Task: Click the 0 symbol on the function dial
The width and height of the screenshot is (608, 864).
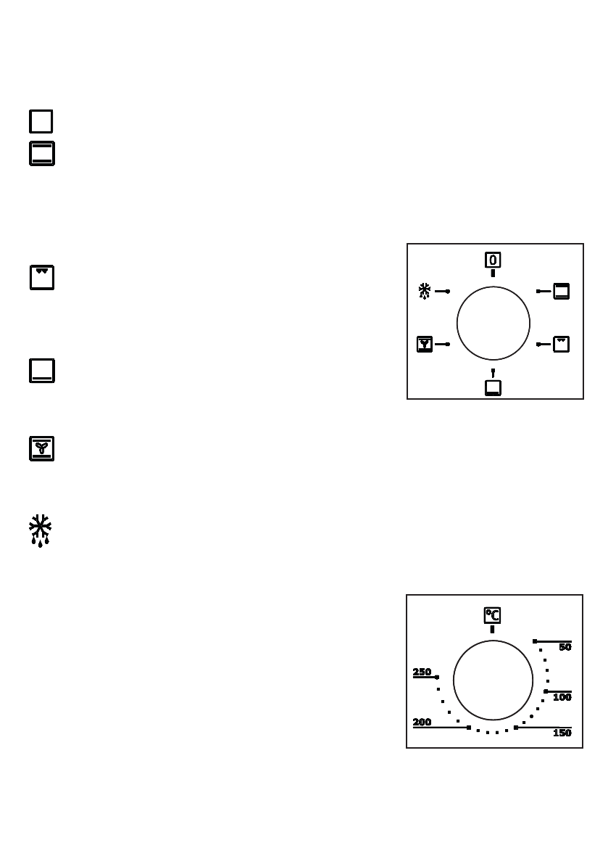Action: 493,260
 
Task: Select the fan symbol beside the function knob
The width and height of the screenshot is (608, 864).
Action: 425,344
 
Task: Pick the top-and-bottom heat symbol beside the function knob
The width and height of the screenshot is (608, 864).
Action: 562,291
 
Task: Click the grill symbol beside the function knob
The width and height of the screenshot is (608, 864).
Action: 562,344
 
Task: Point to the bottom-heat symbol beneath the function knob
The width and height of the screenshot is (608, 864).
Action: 493,387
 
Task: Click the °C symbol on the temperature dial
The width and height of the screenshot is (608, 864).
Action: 492,616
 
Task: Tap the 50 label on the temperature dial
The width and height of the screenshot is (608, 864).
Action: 565,647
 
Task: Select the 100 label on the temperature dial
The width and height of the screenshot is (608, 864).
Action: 562,697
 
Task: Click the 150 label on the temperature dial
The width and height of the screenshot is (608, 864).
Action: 562,733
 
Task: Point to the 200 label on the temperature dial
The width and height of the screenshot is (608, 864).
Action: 422,723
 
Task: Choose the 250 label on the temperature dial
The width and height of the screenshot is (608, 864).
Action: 422,672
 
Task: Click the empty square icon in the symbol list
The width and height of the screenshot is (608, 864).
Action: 41,121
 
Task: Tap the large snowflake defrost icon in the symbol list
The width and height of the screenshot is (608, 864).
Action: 41,530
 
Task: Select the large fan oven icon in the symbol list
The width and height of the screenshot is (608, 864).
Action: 42,448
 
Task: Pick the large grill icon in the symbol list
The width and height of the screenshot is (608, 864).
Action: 42,278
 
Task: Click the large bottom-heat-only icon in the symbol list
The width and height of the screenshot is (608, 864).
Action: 42,370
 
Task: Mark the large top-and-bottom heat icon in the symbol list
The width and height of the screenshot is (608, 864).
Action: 42,154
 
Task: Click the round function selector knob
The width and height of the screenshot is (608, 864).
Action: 494,323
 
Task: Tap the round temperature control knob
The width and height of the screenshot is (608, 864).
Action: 493,680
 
